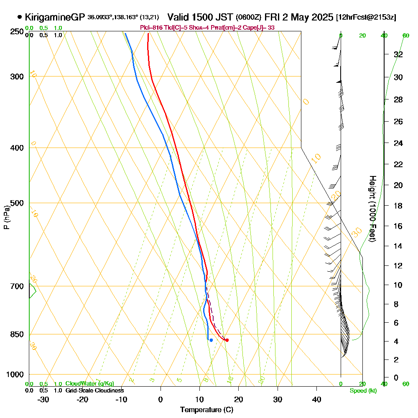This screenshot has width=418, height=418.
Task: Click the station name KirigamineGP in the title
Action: [x=55, y=17]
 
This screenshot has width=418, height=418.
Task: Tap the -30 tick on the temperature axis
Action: [x=43, y=399]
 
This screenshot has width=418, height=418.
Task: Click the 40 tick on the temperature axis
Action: [x=317, y=399]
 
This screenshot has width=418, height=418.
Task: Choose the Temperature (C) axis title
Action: [x=206, y=410]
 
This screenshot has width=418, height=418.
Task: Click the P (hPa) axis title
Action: [x=6, y=217]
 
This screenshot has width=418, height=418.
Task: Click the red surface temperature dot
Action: [x=227, y=340]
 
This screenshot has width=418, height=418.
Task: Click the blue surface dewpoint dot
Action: [x=211, y=340]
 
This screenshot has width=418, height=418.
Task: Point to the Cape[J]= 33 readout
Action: [x=262, y=28]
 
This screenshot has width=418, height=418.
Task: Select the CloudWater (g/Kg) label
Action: [x=89, y=384]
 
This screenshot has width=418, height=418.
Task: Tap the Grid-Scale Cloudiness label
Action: [x=94, y=390]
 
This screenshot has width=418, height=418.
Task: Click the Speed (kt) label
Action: [x=363, y=391]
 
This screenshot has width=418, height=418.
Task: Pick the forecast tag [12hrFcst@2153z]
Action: [x=366, y=18]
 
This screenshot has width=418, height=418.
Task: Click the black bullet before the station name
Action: [x=20, y=17]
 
